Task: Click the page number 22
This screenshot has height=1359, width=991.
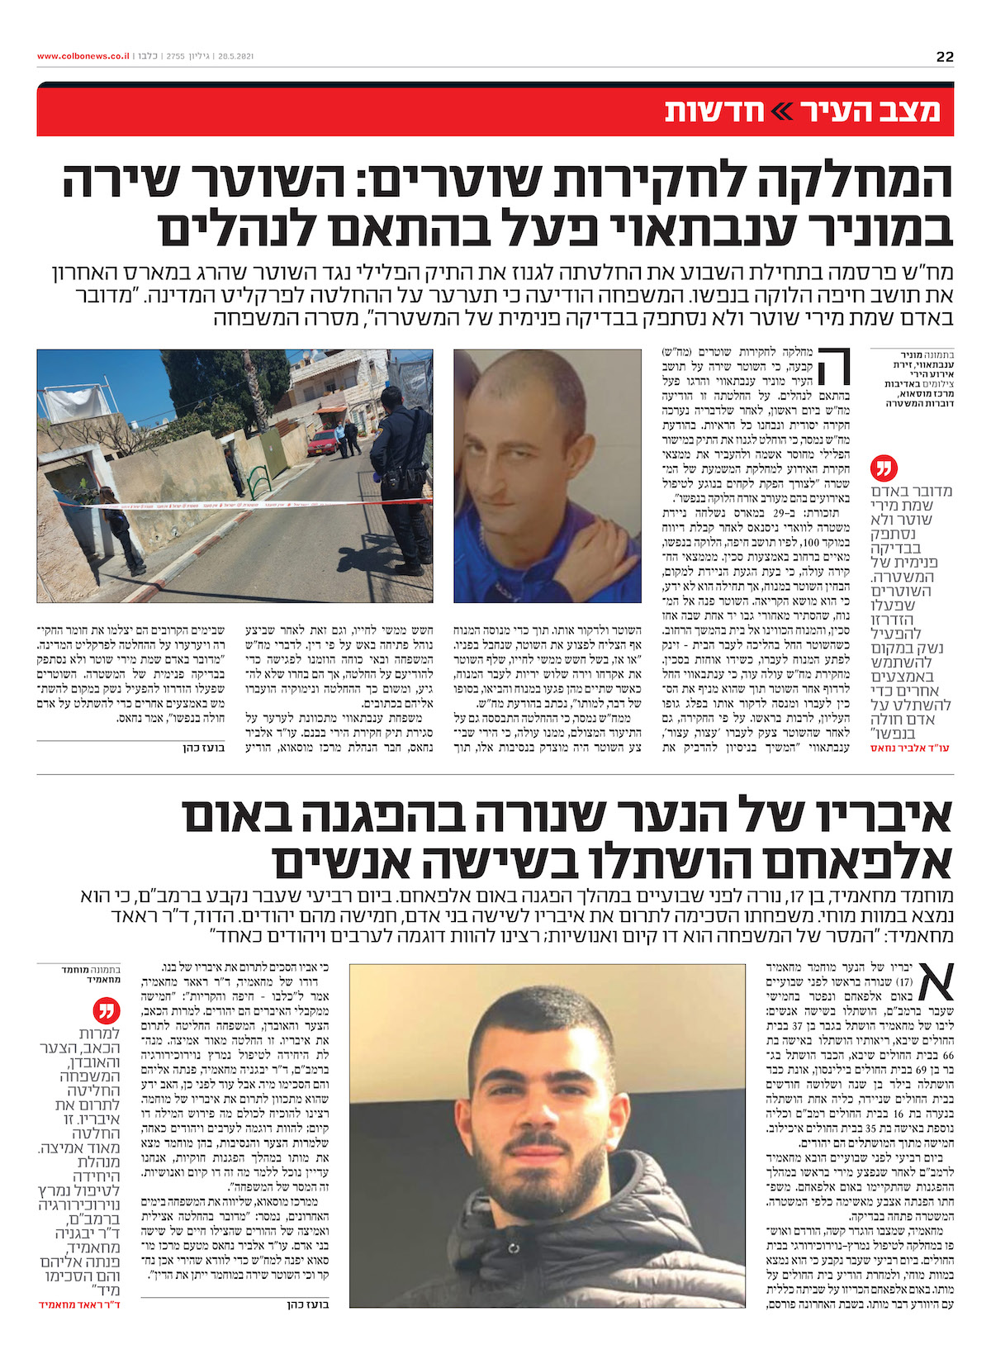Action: [945, 57]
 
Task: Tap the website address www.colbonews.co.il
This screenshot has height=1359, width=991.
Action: [83, 57]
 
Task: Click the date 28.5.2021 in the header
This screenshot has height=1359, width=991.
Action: [235, 57]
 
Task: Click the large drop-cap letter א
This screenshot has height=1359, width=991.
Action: [932, 981]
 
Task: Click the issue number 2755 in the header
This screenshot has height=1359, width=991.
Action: [175, 57]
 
